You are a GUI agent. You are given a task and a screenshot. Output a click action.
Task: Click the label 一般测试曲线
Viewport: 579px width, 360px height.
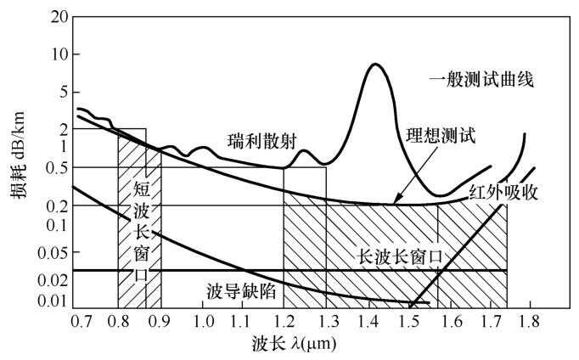pos(485,82)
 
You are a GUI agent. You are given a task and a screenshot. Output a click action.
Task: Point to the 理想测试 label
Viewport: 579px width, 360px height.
pos(441,134)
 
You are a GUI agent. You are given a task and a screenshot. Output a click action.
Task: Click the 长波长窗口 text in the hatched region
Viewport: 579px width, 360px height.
pos(398,255)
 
